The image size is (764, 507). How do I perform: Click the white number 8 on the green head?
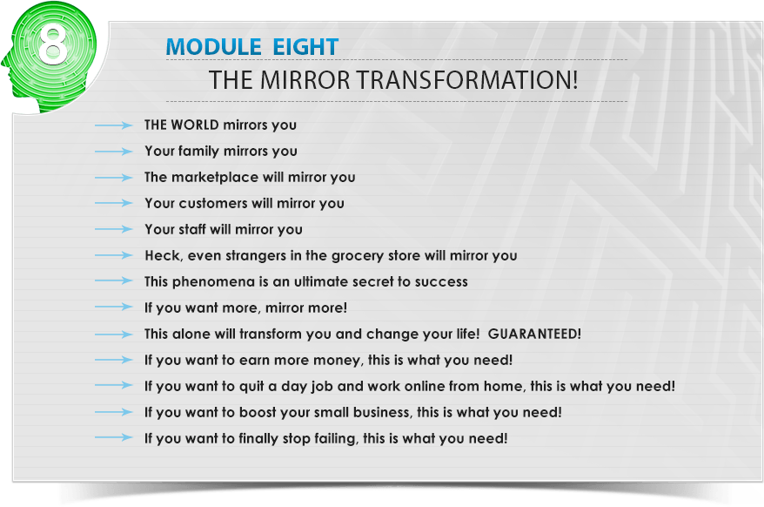point(52,44)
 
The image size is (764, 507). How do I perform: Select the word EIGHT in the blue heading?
point(305,47)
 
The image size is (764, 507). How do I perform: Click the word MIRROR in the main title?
point(305,80)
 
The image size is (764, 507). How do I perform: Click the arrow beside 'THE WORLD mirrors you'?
point(113,125)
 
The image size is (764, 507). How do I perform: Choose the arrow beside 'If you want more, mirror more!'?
point(113,307)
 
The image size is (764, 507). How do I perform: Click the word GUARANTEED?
point(534,334)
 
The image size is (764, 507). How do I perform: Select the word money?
point(338,360)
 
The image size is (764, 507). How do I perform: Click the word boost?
point(258,412)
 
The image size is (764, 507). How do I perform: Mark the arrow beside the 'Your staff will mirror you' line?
point(113,229)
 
